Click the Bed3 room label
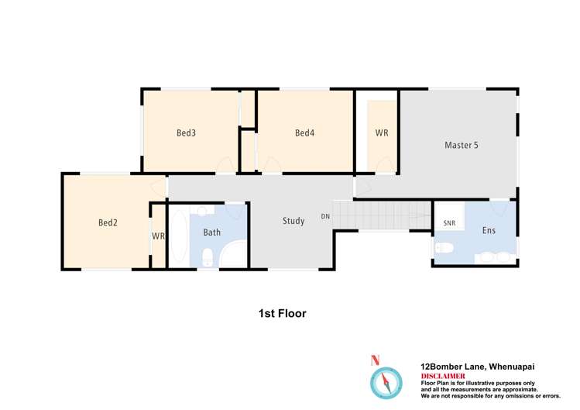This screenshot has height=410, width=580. pos(186,133)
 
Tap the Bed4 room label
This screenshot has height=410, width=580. pos(305,133)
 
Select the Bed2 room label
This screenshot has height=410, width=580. pos(108,222)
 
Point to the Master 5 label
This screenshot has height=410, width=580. pos(462,145)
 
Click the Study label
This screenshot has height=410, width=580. pos(293,221)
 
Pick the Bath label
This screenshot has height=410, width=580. pos(212,233)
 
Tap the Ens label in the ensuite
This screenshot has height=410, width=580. pos(489,230)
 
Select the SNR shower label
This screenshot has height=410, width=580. pos(449,223)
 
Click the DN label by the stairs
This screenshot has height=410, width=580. pos(325,216)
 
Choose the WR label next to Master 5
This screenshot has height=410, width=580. pos(382,133)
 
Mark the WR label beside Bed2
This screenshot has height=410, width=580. pos(158,236)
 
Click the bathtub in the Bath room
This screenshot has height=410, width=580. pos(179,236)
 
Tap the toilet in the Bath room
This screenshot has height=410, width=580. pos(208,257)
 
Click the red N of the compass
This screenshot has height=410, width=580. pos(375,360)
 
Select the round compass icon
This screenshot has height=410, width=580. pos(386,383)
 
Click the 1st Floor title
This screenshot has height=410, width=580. pos(283,313)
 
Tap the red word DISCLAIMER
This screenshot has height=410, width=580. pos(443,376)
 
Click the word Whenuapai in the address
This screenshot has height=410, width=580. pos(512,367)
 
